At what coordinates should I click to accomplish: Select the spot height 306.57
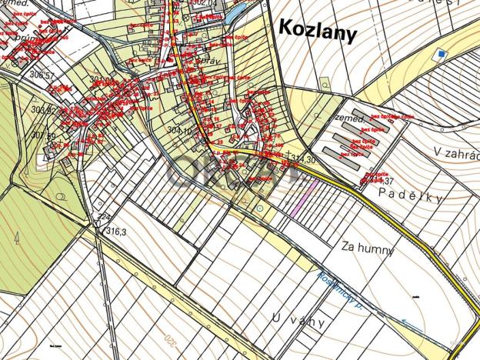tap(41, 75)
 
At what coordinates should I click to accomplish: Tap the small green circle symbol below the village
tap(260, 207)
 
